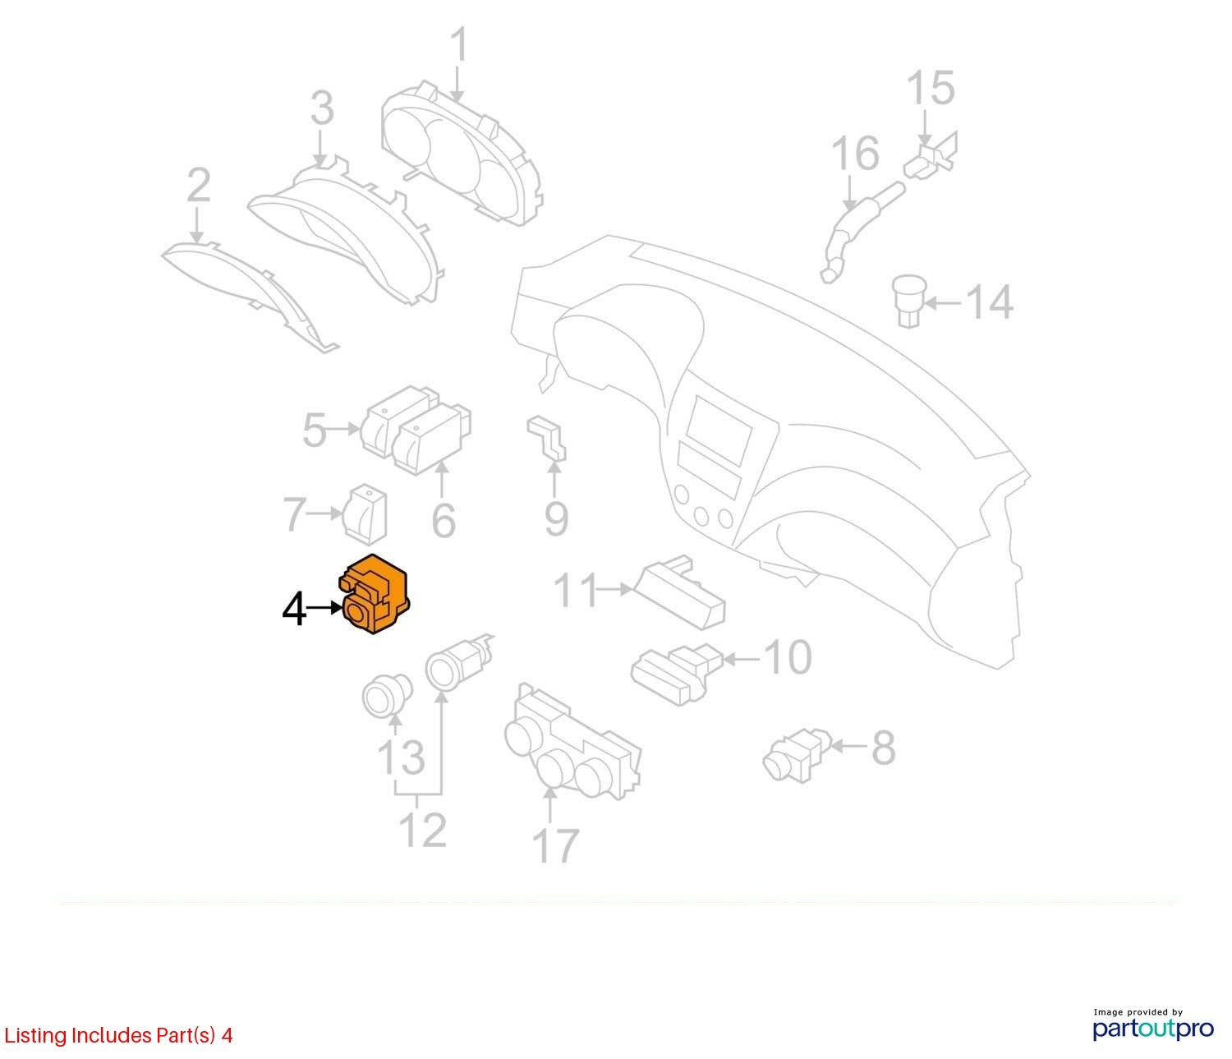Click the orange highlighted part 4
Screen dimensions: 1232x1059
[374, 594]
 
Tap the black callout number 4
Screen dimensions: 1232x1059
[294, 609]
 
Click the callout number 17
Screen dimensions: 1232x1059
[555, 845]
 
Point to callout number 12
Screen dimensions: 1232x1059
[424, 829]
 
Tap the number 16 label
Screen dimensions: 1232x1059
[855, 154]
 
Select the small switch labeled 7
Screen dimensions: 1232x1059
[366, 514]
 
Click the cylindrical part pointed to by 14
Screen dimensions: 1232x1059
[908, 300]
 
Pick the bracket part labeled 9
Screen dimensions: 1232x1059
[546, 439]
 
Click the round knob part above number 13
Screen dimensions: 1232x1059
[388, 696]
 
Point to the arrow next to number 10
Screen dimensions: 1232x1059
[740, 659]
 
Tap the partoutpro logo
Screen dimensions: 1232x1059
[1152, 1028]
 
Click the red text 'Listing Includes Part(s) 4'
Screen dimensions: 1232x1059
[118, 1035]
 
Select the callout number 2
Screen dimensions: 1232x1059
[199, 185]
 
